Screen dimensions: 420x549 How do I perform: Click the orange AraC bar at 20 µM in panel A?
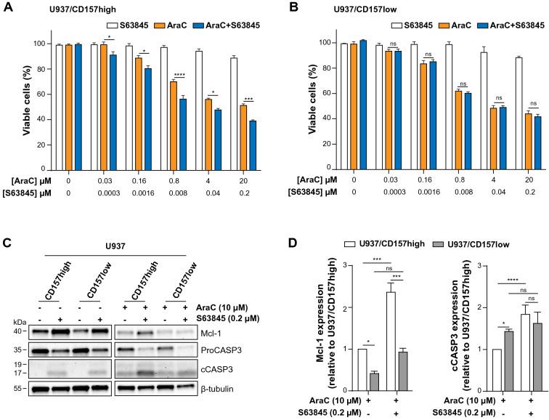(222, 127)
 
